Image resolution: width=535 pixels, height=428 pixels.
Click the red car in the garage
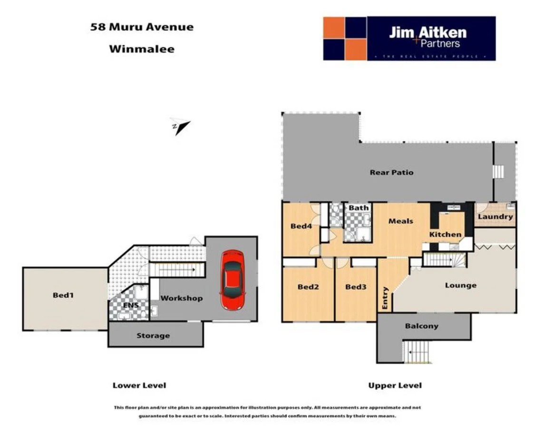pyautogui.click(x=232, y=280)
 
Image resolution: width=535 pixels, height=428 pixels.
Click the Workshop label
pyautogui.click(x=181, y=298)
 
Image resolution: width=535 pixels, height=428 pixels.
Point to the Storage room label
pyautogui.click(x=153, y=336)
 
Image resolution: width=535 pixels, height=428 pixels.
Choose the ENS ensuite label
pyautogui.click(x=131, y=305)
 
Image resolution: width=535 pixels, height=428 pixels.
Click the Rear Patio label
pyautogui.click(x=391, y=173)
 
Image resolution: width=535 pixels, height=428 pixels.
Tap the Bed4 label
pyautogui.click(x=301, y=226)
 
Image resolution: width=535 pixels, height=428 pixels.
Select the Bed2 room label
pyautogui.click(x=308, y=287)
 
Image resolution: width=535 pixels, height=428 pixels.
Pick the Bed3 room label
pyautogui.click(x=355, y=287)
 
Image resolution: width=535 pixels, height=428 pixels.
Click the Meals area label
pyautogui.click(x=401, y=221)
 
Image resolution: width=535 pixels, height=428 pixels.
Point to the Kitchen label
pyautogui.click(x=445, y=234)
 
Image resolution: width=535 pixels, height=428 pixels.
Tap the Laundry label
pyautogui.click(x=495, y=217)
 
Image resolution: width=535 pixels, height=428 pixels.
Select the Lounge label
pyautogui.click(x=460, y=285)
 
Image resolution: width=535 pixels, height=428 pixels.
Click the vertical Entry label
pyautogui.click(x=385, y=298)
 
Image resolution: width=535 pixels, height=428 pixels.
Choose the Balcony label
pyautogui.click(x=421, y=326)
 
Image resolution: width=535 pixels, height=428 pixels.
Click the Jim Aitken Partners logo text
pyautogui.click(x=428, y=37)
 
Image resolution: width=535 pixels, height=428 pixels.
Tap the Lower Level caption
pyautogui.click(x=139, y=385)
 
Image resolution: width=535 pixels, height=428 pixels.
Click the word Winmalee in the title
pyautogui.click(x=142, y=49)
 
